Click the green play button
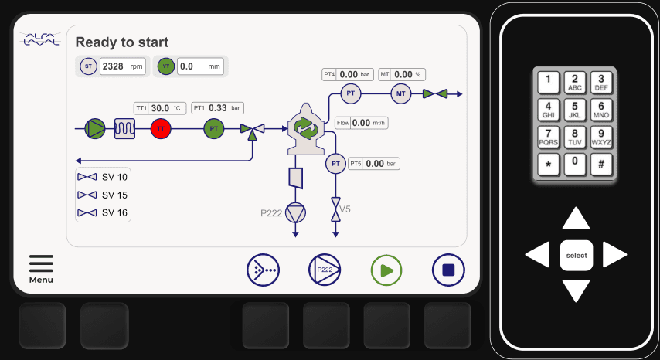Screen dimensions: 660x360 [386, 270]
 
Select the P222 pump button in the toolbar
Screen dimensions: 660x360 [325, 270]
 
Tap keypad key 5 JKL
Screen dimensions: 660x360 [574, 110]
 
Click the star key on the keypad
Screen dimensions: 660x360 [548, 165]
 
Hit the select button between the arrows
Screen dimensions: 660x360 [577, 255]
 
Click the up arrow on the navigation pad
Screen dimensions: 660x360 [576, 219]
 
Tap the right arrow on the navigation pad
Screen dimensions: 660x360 [614, 254]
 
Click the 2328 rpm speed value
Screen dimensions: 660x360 [122, 66]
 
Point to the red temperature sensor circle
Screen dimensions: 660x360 [161, 129]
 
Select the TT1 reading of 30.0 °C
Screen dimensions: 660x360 [167, 108]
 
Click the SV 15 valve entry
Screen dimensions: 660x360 [104, 195]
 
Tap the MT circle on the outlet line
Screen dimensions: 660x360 [400, 94]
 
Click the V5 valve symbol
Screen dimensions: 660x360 [335, 209]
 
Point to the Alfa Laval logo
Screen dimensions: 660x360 [40, 39]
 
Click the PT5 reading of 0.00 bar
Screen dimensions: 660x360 [375, 164]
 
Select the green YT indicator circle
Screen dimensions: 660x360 [165, 66]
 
